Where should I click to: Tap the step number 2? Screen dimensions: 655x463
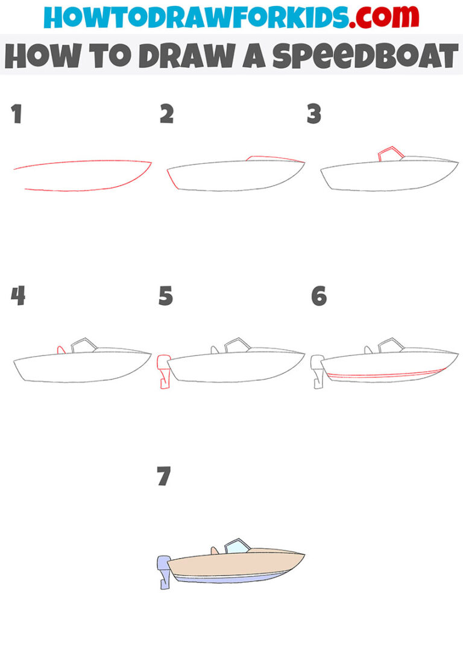166,114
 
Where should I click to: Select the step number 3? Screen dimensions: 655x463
313,114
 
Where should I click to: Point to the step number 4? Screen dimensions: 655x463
18,296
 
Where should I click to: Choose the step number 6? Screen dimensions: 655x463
319,296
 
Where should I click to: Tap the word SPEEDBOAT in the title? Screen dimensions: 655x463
365,56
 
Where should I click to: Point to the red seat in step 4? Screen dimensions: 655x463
61,349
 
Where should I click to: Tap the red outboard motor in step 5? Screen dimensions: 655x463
162,371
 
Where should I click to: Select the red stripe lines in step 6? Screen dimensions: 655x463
386,375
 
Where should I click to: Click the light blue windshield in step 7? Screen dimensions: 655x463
237,547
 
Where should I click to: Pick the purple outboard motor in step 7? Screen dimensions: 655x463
163,569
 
